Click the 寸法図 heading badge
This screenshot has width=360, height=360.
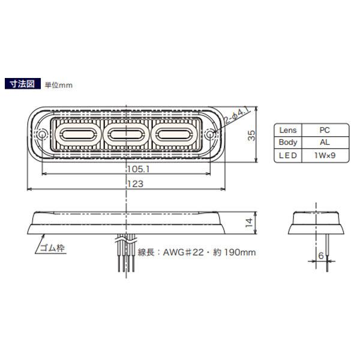23,84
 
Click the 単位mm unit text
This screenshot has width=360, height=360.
59,85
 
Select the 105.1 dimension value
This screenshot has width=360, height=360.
139,169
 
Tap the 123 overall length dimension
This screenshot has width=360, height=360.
136,184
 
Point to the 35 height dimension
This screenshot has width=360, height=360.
251,135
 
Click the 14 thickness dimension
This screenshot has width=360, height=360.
249,223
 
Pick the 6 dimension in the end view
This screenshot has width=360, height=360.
321,256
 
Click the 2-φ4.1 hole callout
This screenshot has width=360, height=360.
237,116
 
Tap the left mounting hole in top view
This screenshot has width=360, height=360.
42,135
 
